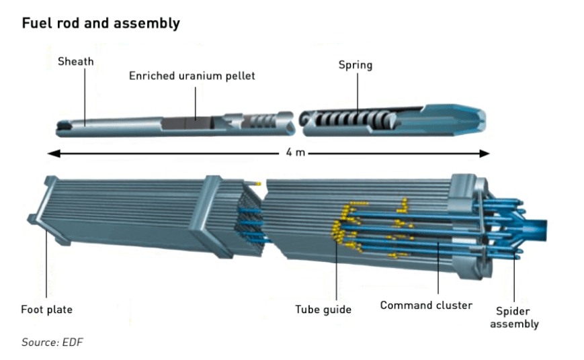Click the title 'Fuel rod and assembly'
[x=101, y=23]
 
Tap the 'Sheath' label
[x=76, y=61]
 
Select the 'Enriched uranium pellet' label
[x=192, y=76]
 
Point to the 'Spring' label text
[x=356, y=66]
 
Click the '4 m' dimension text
[x=295, y=152]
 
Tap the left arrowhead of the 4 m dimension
[x=54, y=153]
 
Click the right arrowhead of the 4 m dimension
[x=484, y=153]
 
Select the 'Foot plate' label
[x=46, y=310]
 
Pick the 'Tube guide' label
[x=323, y=310]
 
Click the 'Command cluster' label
[x=426, y=306]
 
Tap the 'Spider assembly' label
[x=514, y=318]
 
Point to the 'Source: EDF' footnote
[x=52, y=342]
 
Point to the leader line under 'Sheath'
[x=85, y=97]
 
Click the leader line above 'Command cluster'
[x=438, y=268]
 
